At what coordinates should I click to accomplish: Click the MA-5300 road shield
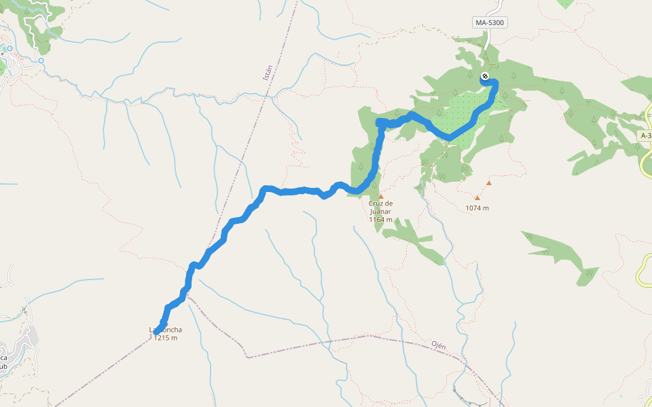click(490, 22)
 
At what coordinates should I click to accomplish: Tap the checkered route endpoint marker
click(485, 76)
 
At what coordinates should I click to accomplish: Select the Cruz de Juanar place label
click(380, 207)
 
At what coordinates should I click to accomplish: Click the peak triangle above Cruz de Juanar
click(381, 197)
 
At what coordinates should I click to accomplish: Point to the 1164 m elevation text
click(380, 219)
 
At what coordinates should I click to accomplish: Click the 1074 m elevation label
click(477, 208)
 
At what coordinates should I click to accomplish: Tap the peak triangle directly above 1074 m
click(477, 198)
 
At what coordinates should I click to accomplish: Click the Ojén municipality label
click(439, 345)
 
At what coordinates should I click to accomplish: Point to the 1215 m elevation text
click(165, 338)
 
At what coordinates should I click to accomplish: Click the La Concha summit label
click(166, 330)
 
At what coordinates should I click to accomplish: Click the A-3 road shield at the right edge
click(646, 136)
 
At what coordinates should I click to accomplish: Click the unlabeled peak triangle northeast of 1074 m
click(488, 183)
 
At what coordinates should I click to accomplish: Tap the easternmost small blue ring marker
click(41, 61)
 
